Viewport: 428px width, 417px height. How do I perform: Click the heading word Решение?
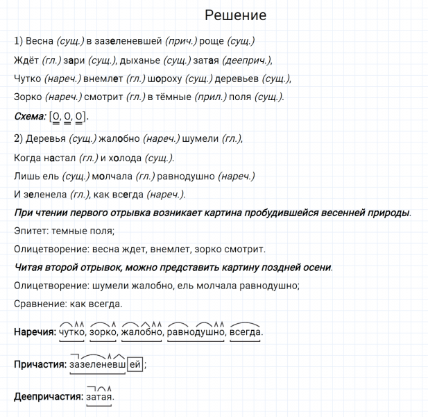[235, 15]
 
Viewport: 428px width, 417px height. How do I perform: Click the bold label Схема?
[30, 116]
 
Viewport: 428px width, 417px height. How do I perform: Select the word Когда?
[28, 157]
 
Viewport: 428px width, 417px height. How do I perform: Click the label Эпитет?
[32, 230]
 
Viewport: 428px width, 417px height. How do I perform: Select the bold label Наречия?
[35, 332]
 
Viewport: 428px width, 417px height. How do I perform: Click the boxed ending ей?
[135, 363]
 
